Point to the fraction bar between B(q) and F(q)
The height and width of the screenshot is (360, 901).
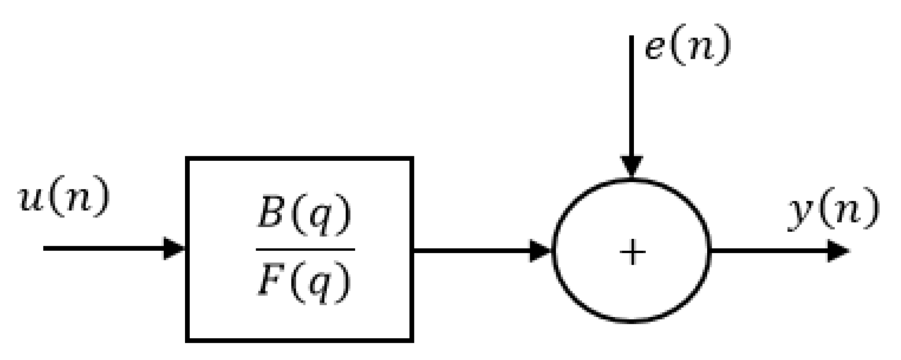click(x=305, y=250)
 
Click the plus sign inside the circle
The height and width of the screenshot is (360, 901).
click(x=632, y=253)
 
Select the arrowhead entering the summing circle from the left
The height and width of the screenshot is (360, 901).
click(x=540, y=250)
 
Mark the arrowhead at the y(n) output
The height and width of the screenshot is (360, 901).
click(x=838, y=251)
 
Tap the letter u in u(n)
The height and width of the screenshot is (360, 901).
click(x=30, y=199)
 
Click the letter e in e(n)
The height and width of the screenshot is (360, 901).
click(x=655, y=48)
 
